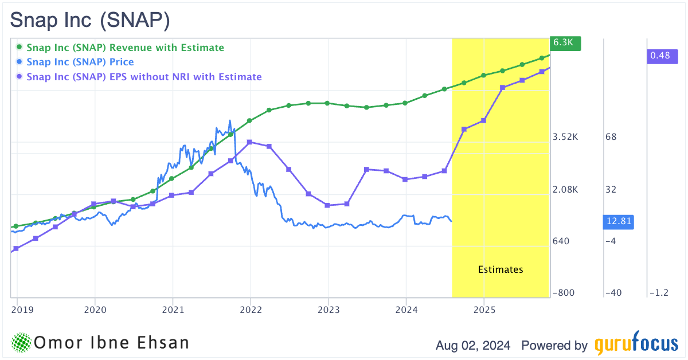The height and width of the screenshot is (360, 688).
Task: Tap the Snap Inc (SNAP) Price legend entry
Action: [x=80, y=62]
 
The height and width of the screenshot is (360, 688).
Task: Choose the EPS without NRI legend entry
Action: [x=144, y=76]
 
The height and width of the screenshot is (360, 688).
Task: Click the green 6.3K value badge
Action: [x=565, y=43]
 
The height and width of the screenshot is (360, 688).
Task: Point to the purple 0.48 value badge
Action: [x=660, y=56]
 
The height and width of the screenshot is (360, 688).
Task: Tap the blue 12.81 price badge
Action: [x=619, y=222]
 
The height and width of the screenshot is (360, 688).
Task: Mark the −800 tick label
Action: [x=564, y=293]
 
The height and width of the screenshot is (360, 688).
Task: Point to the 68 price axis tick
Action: [x=611, y=137]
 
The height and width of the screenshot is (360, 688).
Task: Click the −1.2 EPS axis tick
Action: [x=659, y=293]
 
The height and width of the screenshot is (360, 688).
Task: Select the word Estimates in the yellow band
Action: [x=501, y=269]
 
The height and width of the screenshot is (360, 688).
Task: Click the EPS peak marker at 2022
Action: [x=250, y=142]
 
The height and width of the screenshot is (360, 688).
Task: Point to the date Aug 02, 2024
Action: [x=474, y=346]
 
